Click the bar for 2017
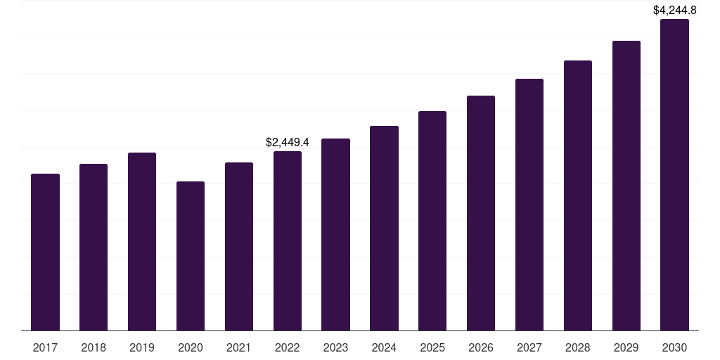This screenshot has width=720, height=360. [x=45, y=252]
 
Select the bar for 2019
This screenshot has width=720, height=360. [x=142, y=241]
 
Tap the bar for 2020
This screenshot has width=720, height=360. [x=191, y=256]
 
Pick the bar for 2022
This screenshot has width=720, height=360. [x=288, y=240]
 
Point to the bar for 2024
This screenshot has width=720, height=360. [x=384, y=228]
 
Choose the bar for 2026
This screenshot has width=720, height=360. [x=481, y=213]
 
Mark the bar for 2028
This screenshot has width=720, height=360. [x=578, y=195]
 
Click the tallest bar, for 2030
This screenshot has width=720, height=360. [x=674, y=174]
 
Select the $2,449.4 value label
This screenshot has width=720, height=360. [x=288, y=142]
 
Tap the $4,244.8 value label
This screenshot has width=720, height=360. [x=674, y=10]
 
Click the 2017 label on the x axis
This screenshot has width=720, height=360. [x=45, y=347]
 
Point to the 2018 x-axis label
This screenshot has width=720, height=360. [x=94, y=347]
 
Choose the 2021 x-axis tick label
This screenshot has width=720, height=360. [x=239, y=347]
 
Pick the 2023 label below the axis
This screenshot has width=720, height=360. [x=335, y=347]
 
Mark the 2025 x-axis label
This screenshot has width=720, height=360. [x=432, y=347]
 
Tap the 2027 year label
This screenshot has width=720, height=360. [x=529, y=347]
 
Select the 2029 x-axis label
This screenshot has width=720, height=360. [x=626, y=347]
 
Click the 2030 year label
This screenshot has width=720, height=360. [x=674, y=347]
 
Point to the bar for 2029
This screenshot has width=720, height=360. [x=626, y=186]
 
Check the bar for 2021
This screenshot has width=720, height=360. [x=239, y=246]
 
